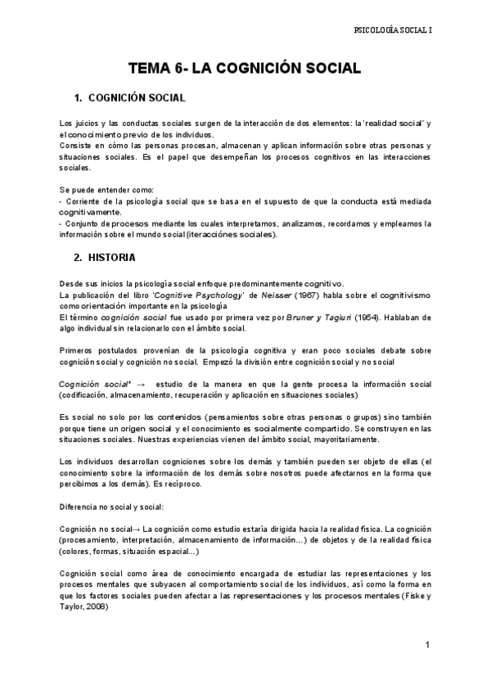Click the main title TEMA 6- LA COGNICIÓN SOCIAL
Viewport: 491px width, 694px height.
[245, 69]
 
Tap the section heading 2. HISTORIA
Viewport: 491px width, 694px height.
[105, 257]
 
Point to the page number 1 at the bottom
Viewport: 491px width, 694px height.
[427, 646]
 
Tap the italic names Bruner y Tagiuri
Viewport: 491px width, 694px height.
[331, 317]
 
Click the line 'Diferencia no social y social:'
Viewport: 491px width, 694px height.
[112, 506]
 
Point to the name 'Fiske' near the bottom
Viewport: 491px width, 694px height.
[409, 596]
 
